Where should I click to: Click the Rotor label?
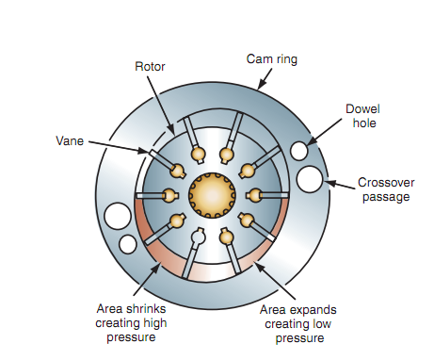coord(151,66)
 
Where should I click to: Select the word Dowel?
coord(362,108)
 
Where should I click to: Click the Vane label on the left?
coord(67,141)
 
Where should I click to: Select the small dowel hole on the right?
coord(298,151)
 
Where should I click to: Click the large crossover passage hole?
coord(311,177)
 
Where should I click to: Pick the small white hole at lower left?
coord(128,243)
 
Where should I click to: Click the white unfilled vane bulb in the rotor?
coord(198,235)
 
